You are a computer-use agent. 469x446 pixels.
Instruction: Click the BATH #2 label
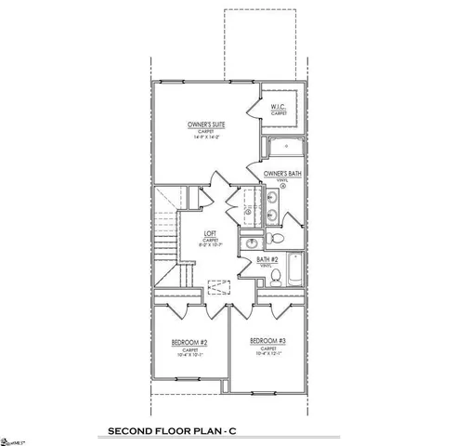click(x=269, y=259)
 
